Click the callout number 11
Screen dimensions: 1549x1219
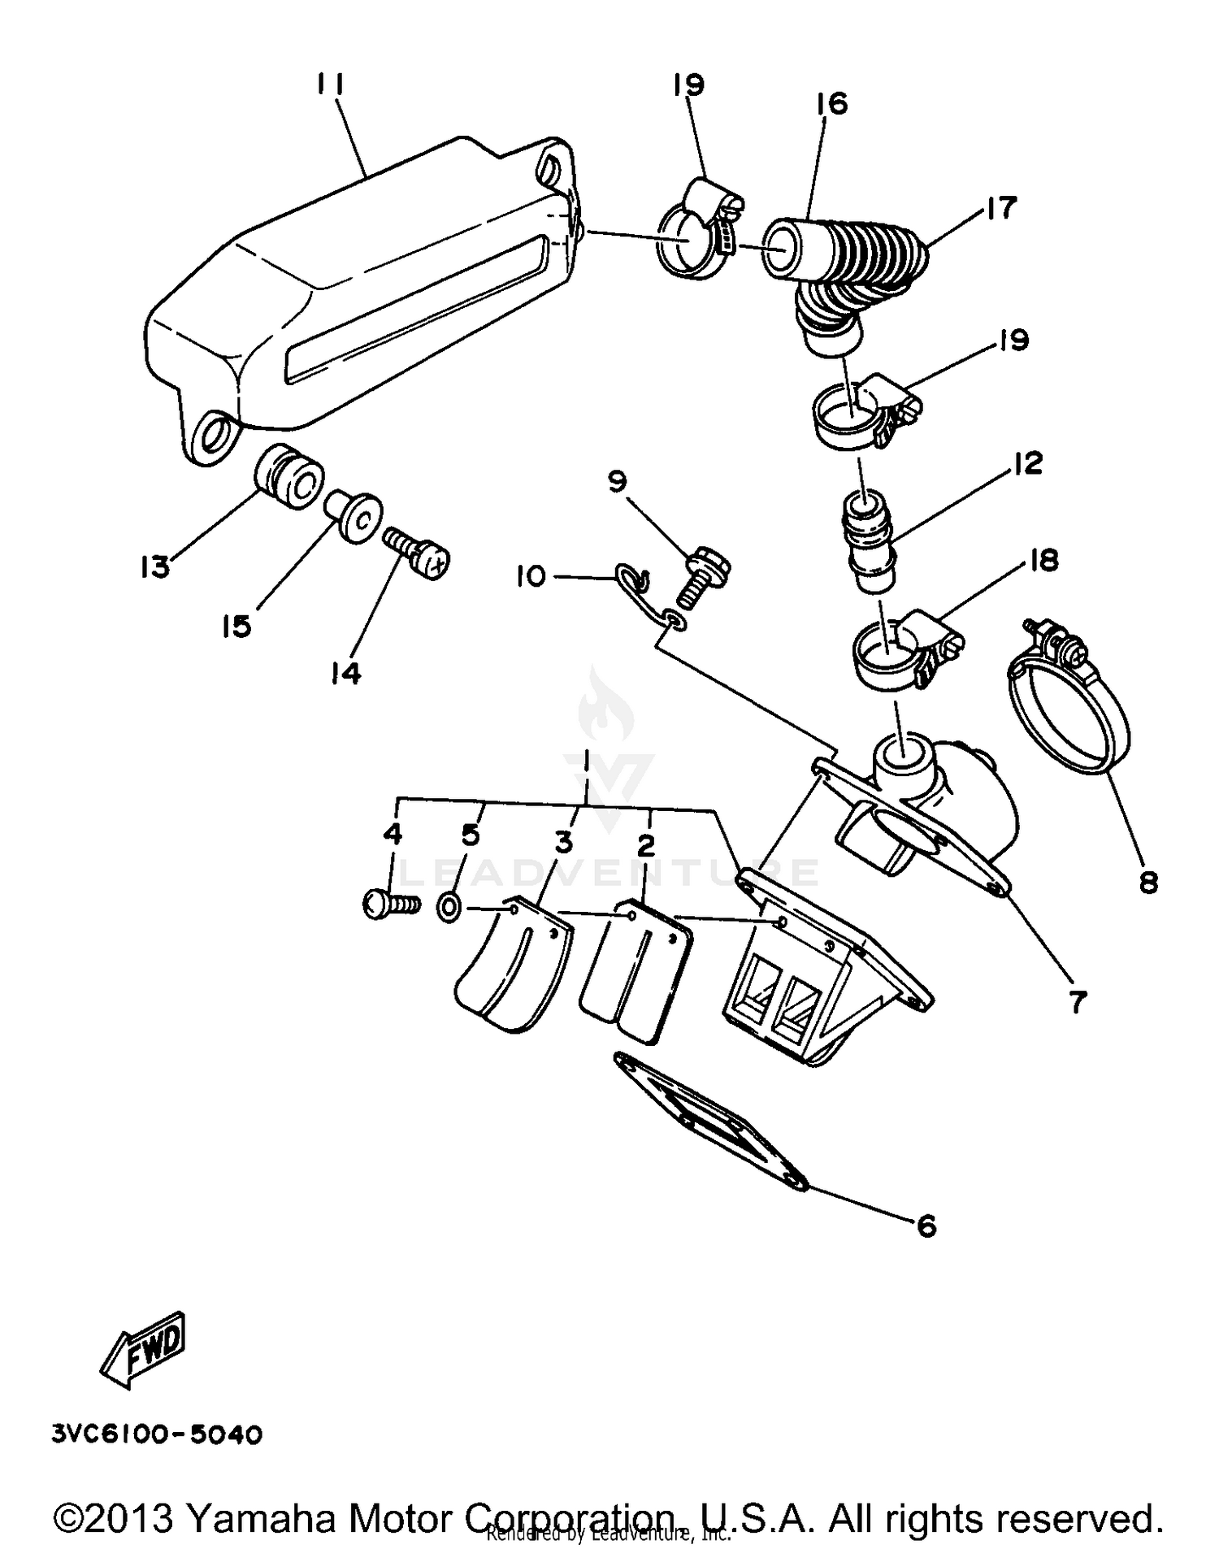[x=331, y=84]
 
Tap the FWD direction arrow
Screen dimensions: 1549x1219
[x=144, y=1350]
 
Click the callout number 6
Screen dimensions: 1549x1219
[x=926, y=1226]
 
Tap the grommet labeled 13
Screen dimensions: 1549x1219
[x=288, y=478]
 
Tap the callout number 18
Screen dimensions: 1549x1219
[x=1043, y=560]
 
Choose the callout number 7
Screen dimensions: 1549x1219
[x=1078, y=1002]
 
